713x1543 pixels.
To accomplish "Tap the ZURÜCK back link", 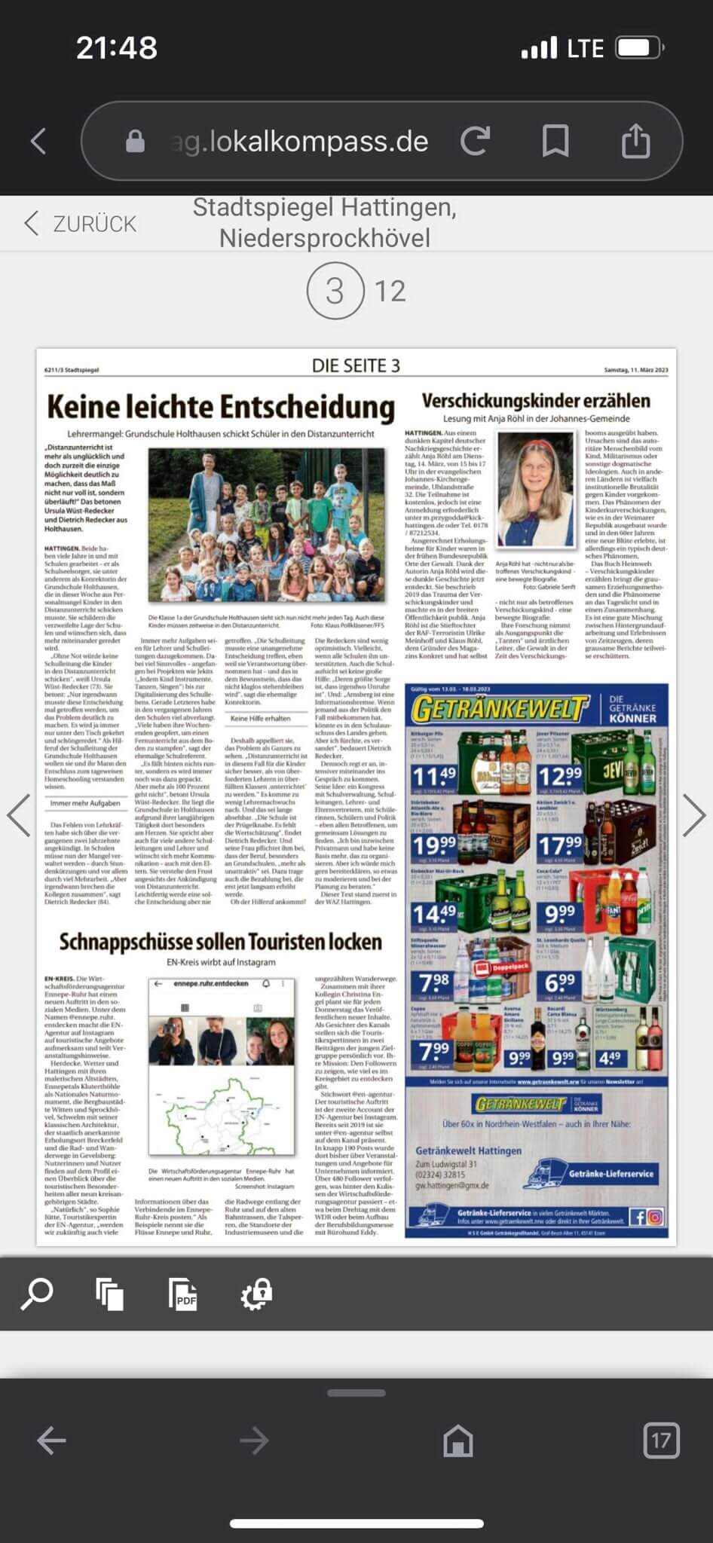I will [81, 224].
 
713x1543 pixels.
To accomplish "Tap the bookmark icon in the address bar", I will [555, 141].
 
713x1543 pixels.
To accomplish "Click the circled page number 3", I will [334, 291].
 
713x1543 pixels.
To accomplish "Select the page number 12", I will [390, 291].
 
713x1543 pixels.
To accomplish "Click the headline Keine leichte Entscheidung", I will [220, 407].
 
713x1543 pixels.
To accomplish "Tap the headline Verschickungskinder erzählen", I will [535, 401].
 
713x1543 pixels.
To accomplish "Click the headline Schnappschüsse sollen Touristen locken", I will [220, 942].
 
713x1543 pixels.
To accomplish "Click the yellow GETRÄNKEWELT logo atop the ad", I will [500, 709].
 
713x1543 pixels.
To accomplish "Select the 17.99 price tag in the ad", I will [560, 846].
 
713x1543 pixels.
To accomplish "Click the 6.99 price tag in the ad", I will [560, 982].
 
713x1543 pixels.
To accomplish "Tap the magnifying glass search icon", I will [36, 1294].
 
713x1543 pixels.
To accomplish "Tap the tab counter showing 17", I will [660, 1441].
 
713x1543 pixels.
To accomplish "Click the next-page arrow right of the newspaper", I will [693, 815].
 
